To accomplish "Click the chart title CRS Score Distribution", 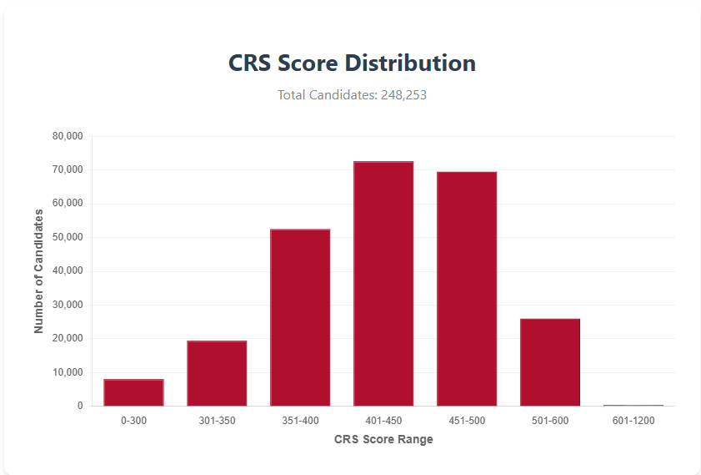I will tap(352, 63).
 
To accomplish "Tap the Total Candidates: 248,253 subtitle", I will tap(352, 95).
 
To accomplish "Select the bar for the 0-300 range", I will tap(133, 392).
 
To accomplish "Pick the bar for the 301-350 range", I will tap(217, 373).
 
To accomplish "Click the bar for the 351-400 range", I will tap(300, 317).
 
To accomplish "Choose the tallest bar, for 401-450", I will tap(383, 284).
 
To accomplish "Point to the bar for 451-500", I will tap(467, 289).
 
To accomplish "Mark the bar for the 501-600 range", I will tap(550, 362).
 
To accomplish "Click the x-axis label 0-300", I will tap(133, 421).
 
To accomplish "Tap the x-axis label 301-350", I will tap(217, 421).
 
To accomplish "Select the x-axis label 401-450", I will tap(383, 421).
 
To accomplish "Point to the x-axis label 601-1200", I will tap(633, 421).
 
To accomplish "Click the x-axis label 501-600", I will tap(550, 421).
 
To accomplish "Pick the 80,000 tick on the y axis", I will tap(68, 136).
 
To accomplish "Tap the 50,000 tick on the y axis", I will tap(68, 237).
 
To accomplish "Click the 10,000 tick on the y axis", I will tap(68, 372).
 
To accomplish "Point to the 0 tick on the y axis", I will tap(81, 406).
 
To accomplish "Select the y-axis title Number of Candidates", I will tap(38, 271).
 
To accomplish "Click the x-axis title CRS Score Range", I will tap(383, 439).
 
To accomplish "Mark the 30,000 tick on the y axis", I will tap(68, 305).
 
